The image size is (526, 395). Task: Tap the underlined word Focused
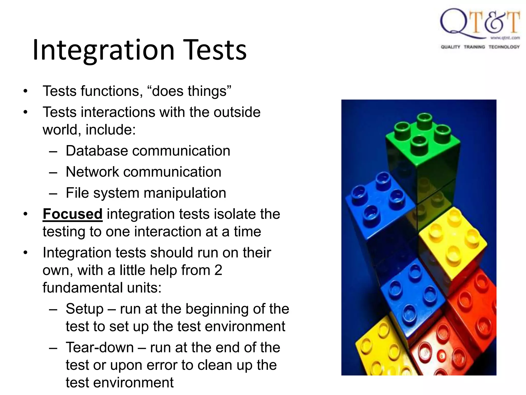[72, 214]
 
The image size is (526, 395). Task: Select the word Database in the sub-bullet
[97, 151]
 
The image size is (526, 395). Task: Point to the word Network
[92, 172]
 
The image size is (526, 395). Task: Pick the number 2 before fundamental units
[218, 271]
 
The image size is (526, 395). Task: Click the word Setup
[84, 309]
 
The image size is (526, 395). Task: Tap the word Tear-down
[100, 348]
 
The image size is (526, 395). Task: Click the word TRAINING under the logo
[474, 47]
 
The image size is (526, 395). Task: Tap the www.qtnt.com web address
[505, 38]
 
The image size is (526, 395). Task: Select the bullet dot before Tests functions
[25, 91]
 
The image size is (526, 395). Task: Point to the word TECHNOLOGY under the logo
[504, 47]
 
